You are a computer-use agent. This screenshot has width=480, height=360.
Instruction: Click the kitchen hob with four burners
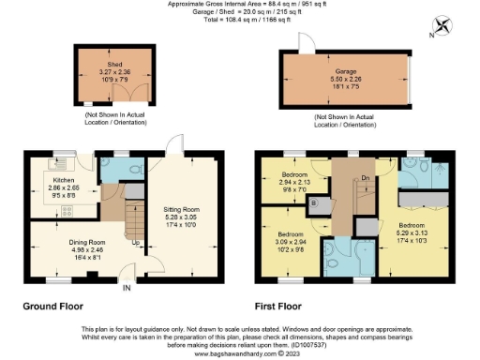(x=41, y=213)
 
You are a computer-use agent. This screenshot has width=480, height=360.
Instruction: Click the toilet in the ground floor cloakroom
(x=133, y=169)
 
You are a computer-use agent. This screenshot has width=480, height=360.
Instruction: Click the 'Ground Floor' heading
(x=52, y=306)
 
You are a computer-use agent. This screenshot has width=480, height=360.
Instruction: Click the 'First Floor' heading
(x=282, y=306)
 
